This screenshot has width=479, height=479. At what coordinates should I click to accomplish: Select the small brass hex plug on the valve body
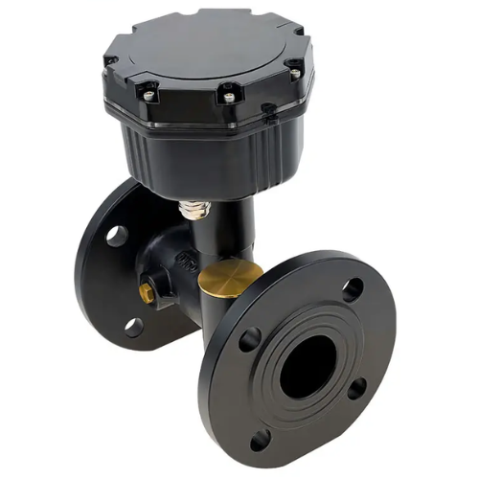tap(148, 290)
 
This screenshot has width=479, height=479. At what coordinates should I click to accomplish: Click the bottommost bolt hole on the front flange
tap(259, 442)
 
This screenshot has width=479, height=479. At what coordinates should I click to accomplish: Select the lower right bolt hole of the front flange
tap(356, 388)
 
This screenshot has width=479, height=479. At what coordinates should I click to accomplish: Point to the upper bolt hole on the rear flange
tap(117, 235)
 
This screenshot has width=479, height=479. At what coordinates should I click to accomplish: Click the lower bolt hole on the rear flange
tap(132, 327)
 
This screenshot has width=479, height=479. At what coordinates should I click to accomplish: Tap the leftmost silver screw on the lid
tap(148, 94)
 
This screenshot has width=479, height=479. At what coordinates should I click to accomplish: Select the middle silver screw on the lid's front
tap(228, 94)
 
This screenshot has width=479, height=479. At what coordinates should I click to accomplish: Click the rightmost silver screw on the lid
tap(294, 72)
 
